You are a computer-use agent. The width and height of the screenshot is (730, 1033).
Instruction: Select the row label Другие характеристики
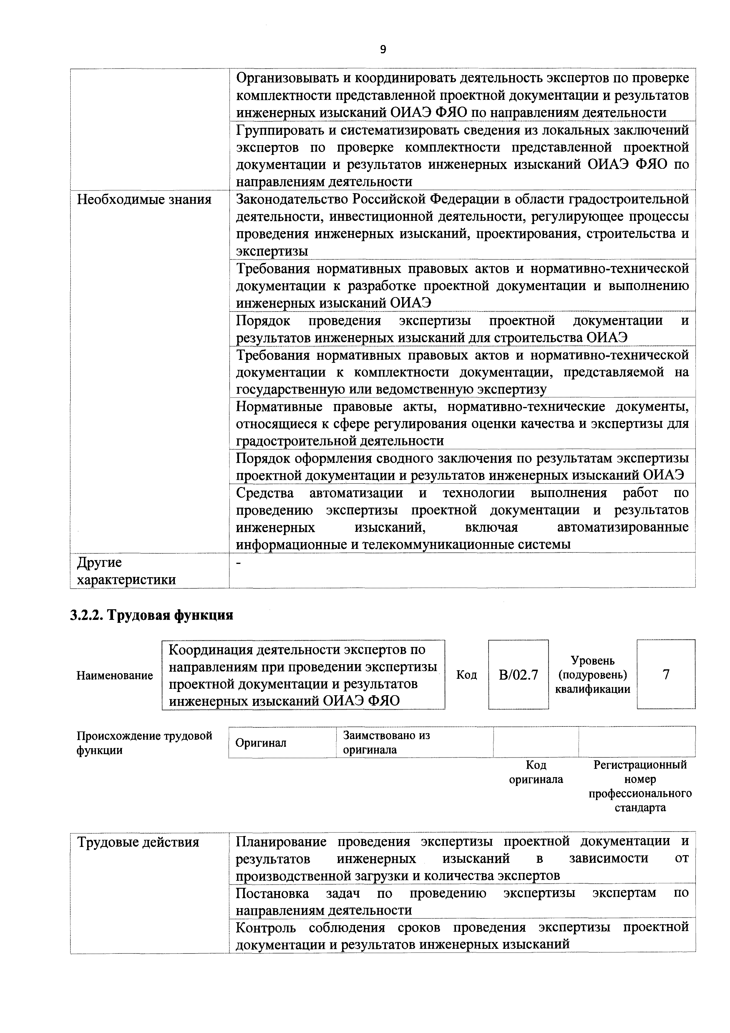(x=126, y=571)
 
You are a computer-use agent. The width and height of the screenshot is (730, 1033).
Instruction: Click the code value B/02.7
(x=518, y=675)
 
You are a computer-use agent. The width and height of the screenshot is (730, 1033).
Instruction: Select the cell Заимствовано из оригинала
(x=386, y=742)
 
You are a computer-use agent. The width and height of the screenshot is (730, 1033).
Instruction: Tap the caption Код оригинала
(x=536, y=772)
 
